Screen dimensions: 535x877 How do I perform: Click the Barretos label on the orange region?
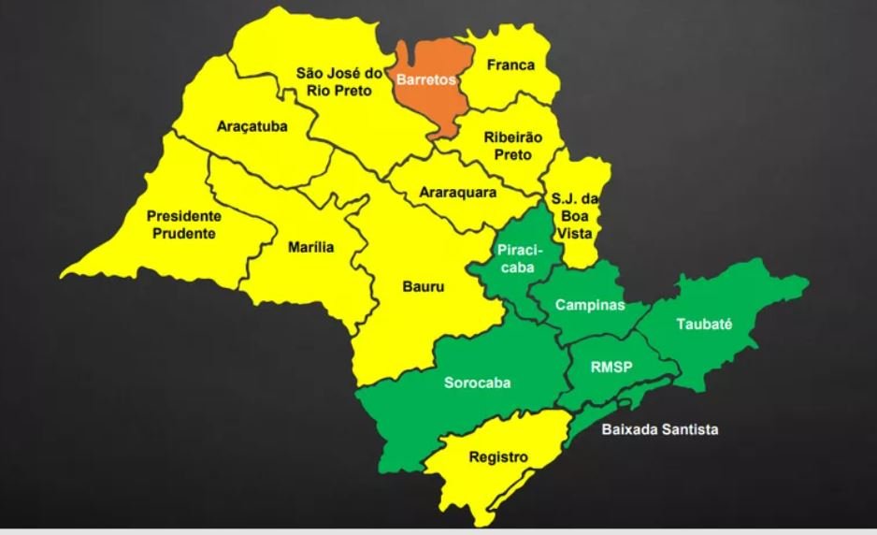point(425,80)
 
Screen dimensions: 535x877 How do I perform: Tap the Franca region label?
point(510,65)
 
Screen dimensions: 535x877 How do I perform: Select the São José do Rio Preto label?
point(334,81)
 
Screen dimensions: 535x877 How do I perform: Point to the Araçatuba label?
point(252,126)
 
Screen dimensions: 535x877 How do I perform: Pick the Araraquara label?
point(457,194)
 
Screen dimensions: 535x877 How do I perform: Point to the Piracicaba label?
point(515,258)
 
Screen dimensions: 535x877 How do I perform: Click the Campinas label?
point(590,306)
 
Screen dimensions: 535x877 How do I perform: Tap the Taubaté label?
point(703,325)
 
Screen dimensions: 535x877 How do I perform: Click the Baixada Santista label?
point(660,429)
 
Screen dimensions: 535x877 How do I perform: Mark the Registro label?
point(498,457)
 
